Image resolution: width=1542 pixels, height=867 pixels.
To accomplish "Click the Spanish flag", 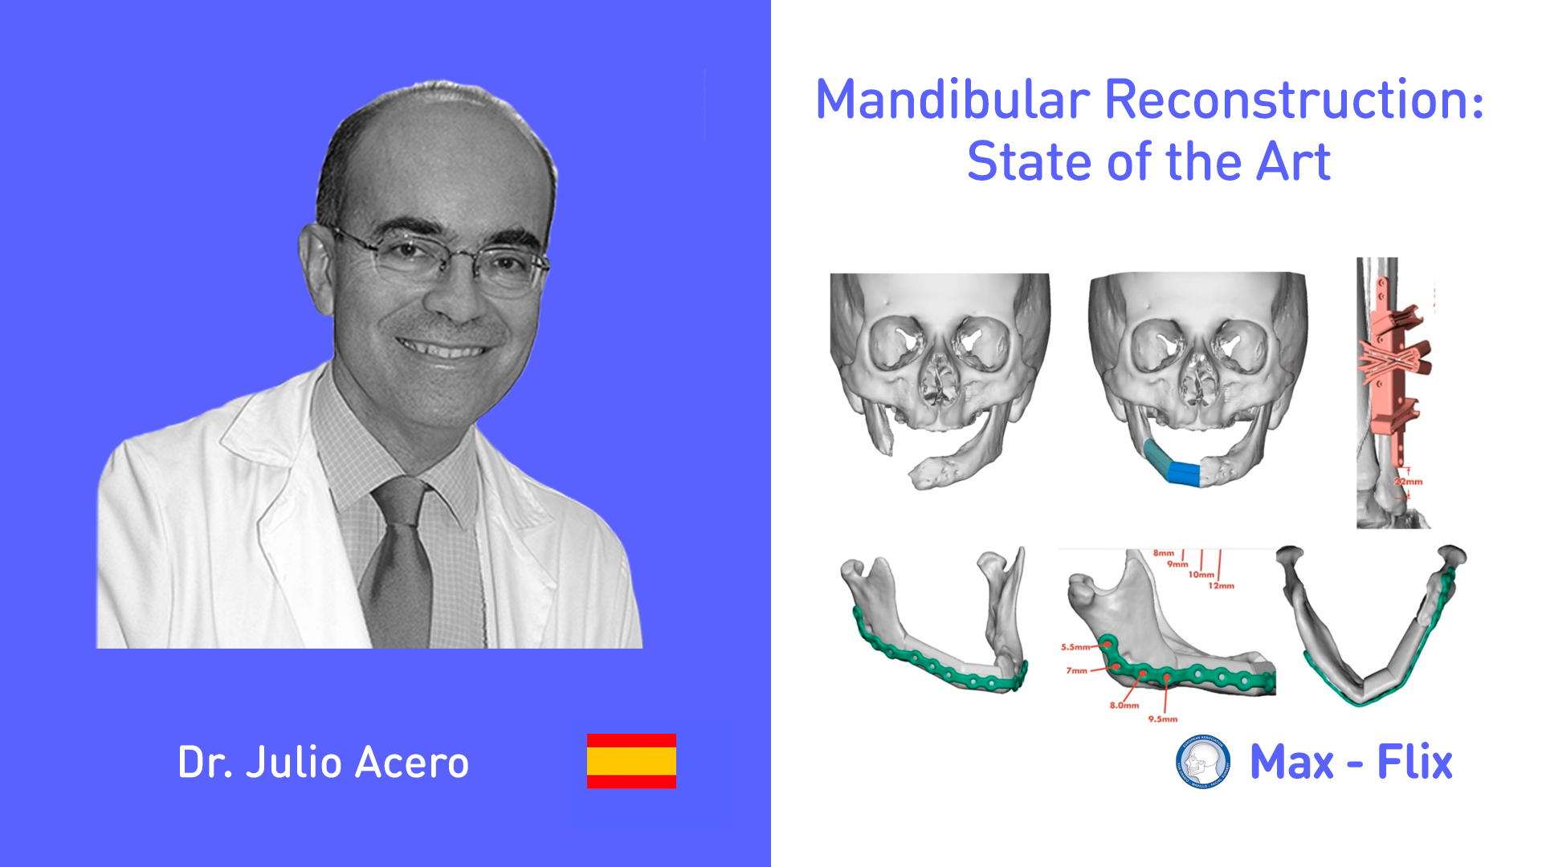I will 631,761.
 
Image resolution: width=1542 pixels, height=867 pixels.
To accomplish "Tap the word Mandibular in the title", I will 953,100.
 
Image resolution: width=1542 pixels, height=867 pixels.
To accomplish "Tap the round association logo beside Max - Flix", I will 1202,762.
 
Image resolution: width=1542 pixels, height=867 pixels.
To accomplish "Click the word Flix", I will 1414,762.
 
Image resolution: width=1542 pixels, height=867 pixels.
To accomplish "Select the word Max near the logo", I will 1291,762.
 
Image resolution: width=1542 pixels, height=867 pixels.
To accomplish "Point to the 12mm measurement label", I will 1221,586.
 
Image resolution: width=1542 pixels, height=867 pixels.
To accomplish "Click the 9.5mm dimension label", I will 1162,719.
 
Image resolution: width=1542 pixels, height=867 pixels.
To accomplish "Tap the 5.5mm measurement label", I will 1075,647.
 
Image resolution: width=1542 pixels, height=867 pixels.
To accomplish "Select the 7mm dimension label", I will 1076,670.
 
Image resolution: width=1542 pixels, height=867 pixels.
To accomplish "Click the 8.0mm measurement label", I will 1124,706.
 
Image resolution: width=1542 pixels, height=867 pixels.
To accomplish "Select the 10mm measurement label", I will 1201,575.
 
